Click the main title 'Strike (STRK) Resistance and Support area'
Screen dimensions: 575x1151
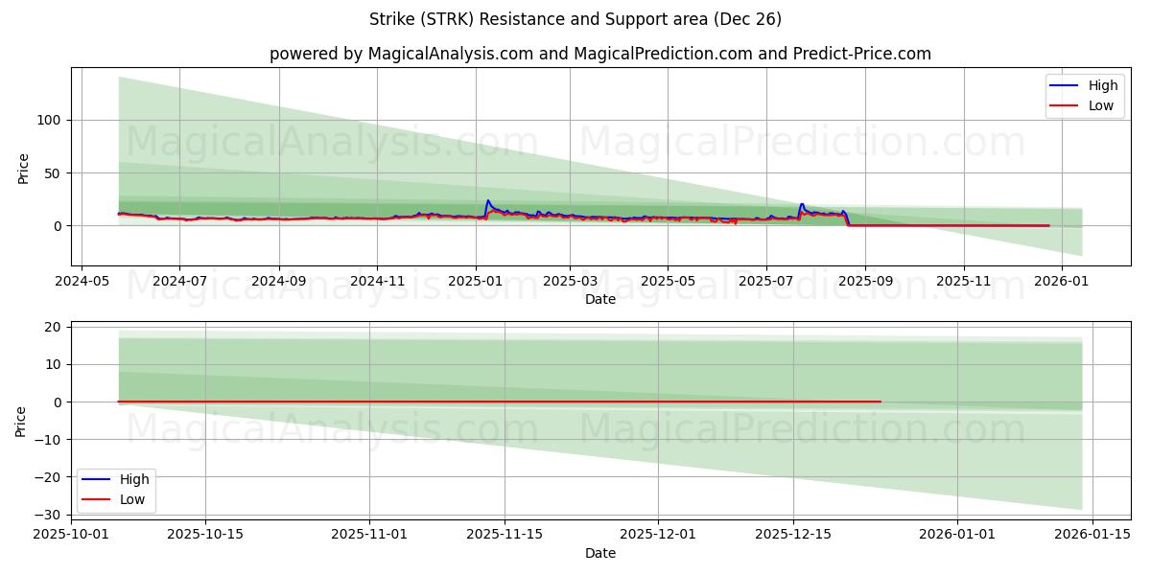(575, 19)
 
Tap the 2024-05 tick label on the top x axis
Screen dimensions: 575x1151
(82, 282)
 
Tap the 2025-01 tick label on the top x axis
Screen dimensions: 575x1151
(476, 282)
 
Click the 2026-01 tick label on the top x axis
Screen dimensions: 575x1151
(1062, 282)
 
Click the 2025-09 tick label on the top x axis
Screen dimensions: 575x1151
(865, 282)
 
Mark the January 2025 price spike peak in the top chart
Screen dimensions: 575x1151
(487, 200)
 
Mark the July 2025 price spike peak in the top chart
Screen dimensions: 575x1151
(802, 204)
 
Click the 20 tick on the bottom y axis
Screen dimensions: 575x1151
(53, 327)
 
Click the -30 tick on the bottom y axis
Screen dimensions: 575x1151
(48, 515)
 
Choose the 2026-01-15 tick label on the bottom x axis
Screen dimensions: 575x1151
(1093, 535)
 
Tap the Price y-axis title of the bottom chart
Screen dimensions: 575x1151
(21, 421)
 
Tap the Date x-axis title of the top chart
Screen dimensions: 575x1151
(600, 300)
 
